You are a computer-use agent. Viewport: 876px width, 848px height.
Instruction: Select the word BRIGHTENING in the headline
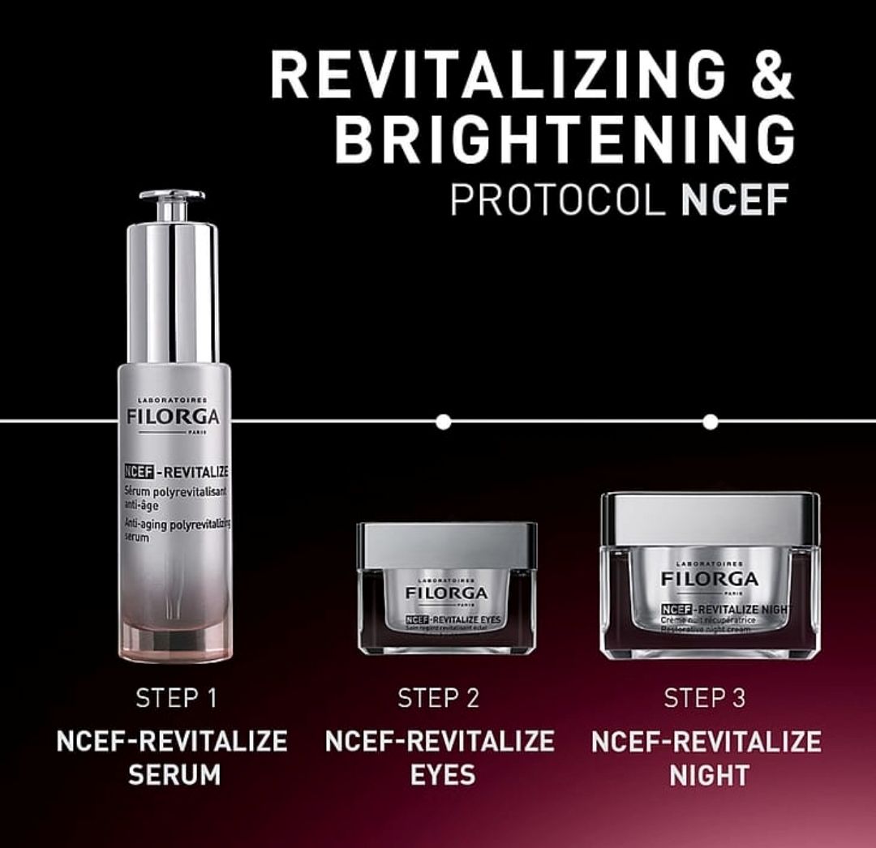[x=564, y=139]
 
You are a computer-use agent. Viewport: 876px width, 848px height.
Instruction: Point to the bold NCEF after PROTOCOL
[x=735, y=200]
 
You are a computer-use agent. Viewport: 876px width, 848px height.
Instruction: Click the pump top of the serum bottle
[x=171, y=203]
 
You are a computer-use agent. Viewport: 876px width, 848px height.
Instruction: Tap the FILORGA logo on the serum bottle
[x=173, y=418]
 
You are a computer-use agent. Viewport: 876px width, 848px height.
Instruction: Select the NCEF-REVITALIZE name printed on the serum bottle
[x=177, y=471]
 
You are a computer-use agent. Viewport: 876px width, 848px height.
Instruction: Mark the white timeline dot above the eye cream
[x=443, y=422]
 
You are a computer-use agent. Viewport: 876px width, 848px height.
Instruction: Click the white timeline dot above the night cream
[x=711, y=422]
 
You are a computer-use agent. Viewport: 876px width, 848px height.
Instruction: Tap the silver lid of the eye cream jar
[x=447, y=545]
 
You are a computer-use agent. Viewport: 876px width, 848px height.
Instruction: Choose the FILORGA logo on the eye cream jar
[x=447, y=594]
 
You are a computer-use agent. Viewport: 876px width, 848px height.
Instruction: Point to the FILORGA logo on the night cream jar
[x=710, y=579]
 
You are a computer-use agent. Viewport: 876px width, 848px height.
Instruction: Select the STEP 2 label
[x=439, y=698]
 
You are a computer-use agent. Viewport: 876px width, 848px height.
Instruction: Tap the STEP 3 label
[x=705, y=698]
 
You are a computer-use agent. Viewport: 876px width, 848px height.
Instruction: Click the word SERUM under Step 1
[x=174, y=774]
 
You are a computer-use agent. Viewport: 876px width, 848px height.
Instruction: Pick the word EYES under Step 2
[x=442, y=774]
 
